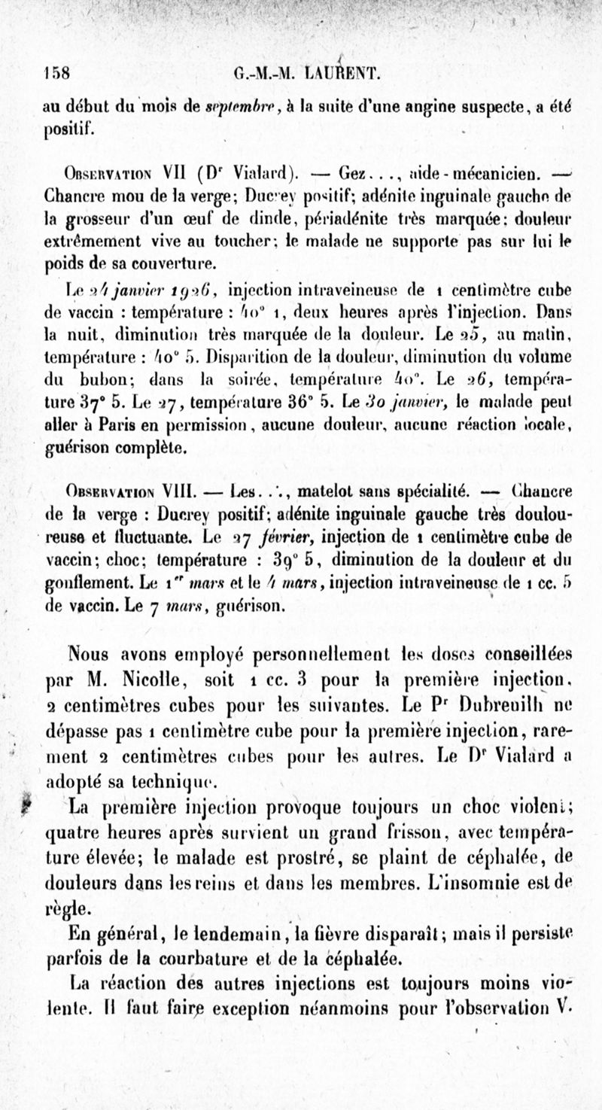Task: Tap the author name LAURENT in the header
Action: (347, 74)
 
